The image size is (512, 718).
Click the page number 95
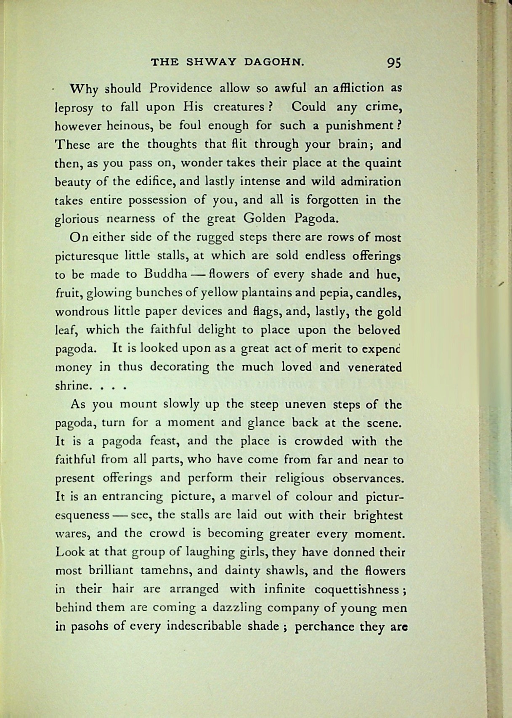(x=394, y=63)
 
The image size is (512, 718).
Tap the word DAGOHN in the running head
(x=273, y=62)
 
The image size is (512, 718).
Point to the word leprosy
(x=74, y=108)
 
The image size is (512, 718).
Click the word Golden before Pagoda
(x=264, y=218)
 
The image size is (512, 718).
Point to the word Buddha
(x=165, y=274)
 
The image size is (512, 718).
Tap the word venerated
(x=374, y=367)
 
